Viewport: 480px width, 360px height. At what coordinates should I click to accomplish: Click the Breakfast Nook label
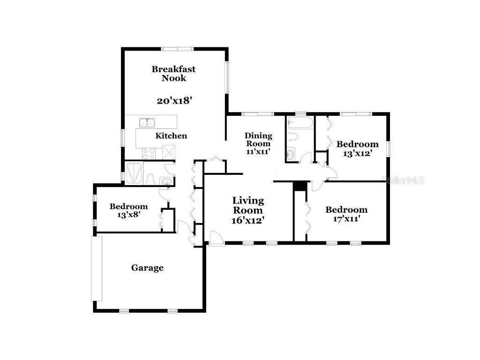(x=173, y=74)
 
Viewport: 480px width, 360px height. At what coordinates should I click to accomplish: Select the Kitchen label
(x=171, y=136)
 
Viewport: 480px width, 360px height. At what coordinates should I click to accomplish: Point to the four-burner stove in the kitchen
(x=149, y=153)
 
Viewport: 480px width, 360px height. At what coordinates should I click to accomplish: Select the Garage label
(x=147, y=268)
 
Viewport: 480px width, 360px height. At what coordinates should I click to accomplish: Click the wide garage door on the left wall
(x=96, y=268)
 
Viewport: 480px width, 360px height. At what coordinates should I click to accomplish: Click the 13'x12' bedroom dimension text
(x=357, y=153)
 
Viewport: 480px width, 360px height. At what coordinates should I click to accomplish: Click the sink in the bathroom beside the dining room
(x=291, y=154)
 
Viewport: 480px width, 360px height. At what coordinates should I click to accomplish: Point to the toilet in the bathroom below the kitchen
(x=150, y=179)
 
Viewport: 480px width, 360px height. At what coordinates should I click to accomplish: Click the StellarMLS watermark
(x=403, y=180)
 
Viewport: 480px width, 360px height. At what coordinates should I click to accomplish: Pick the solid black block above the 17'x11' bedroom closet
(x=299, y=186)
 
